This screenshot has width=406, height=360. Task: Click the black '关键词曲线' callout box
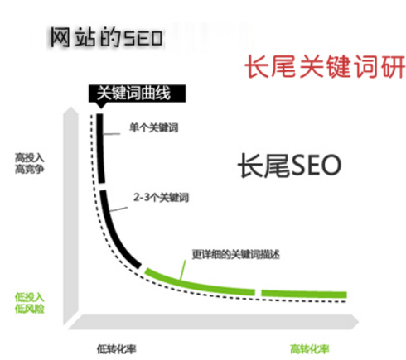point(137,94)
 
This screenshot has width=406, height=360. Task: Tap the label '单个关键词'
point(154,127)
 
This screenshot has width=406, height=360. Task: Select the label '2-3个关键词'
point(161,198)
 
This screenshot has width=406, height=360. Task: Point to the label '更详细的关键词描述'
point(235,254)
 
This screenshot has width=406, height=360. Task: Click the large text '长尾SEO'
point(289,166)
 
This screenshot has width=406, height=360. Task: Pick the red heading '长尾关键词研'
point(325,66)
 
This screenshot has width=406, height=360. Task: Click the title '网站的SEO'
point(106,37)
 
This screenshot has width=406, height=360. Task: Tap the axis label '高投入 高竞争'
point(30,164)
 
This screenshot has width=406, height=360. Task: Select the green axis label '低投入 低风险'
point(30,303)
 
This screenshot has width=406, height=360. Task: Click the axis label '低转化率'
point(116,349)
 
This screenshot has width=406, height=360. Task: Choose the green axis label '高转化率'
point(310,349)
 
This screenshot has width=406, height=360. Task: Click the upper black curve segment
point(100,148)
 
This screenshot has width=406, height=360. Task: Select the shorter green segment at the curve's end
point(304,294)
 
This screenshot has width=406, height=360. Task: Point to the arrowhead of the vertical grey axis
point(70,111)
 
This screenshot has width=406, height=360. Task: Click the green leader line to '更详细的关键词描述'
point(182,270)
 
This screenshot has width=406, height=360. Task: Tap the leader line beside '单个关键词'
point(112,134)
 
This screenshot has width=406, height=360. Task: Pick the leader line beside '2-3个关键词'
point(118,209)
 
